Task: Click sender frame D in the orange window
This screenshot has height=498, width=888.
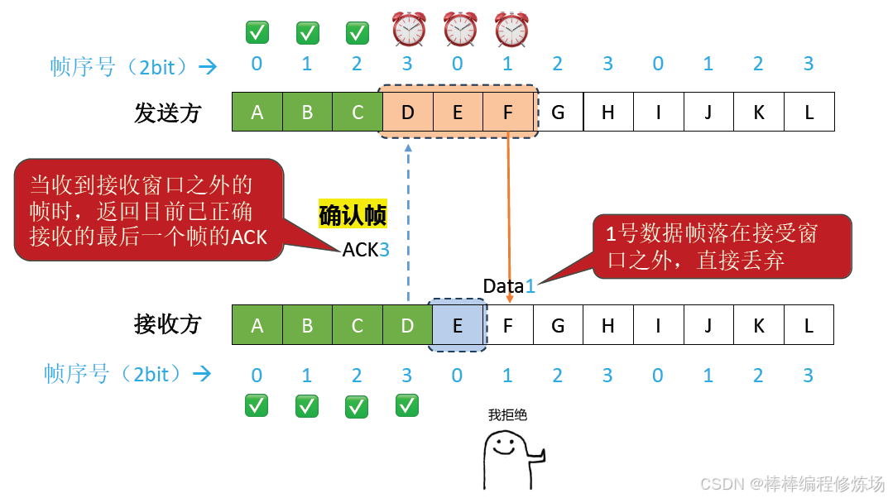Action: point(407,112)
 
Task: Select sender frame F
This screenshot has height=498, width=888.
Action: point(508,112)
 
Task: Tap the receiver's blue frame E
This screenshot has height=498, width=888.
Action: point(457,325)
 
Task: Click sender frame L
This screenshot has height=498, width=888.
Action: point(809,112)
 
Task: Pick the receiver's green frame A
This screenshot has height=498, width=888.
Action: point(257,325)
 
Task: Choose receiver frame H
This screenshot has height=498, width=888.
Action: point(607,325)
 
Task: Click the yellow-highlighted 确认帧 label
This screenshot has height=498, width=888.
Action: point(353,216)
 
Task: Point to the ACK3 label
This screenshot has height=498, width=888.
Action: point(366,249)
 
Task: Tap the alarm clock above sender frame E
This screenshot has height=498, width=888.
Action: point(460,30)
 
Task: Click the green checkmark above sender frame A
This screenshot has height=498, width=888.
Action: point(257,32)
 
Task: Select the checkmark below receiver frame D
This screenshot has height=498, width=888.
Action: point(407,405)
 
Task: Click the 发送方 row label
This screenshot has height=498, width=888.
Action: point(168,113)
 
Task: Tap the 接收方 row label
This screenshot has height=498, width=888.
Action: point(168,324)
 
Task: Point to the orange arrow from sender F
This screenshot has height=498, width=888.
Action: point(508,215)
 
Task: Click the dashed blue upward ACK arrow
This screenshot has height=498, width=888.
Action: point(407,223)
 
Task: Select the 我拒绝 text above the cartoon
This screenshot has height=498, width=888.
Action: point(507,415)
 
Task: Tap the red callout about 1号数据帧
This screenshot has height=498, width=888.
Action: point(722,246)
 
